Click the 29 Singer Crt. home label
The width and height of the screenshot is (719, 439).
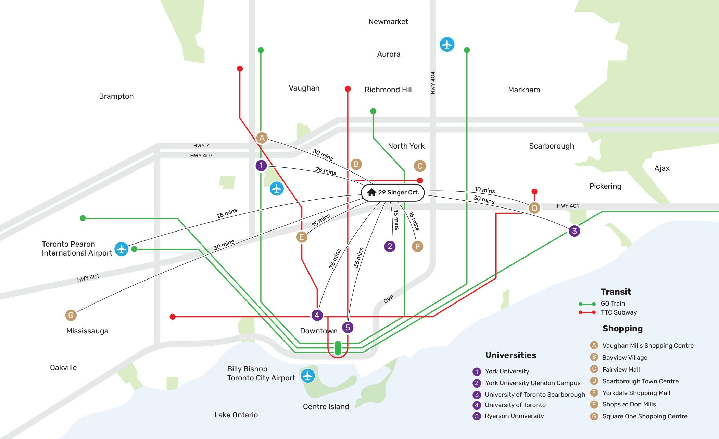(393, 192)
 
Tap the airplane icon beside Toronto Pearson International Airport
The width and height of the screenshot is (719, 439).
(122, 249)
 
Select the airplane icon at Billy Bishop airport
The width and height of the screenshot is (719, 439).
(308, 376)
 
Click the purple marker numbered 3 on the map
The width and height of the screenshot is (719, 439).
(575, 231)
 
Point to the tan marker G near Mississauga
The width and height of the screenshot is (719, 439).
(71, 315)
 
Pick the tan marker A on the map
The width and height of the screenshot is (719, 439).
(262, 138)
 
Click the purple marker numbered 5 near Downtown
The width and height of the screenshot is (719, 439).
(348, 327)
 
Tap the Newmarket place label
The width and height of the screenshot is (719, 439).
(388, 22)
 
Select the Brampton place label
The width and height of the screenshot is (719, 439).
(116, 96)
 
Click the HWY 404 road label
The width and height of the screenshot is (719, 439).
(433, 83)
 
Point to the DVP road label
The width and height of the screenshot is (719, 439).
(388, 299)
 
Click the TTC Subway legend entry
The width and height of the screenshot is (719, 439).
(608, 312)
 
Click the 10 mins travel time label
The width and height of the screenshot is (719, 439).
(485, 190)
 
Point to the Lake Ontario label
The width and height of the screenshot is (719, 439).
(236, 415)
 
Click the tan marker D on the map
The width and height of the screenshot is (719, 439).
(534, 207)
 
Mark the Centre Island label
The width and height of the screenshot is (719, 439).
(326, 407)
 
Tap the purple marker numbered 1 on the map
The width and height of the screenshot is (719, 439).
(261, 166)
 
